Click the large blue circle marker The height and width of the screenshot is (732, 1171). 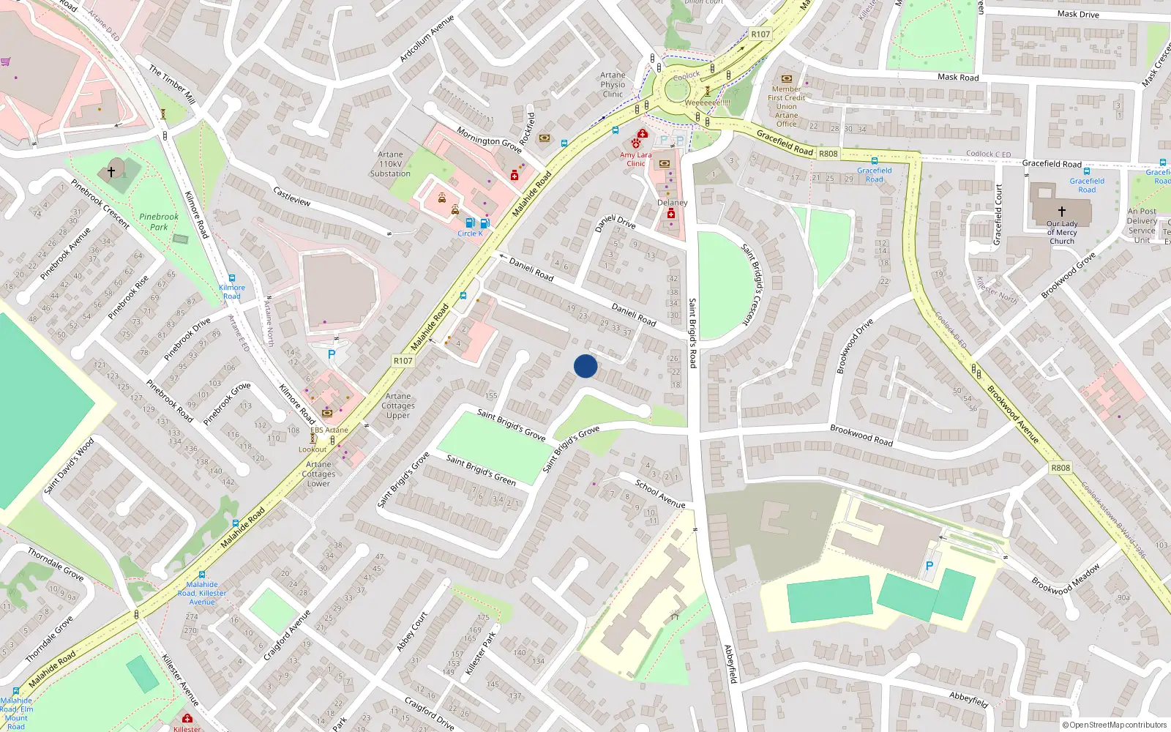point(585,366)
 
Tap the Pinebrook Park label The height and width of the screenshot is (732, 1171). point(159,222)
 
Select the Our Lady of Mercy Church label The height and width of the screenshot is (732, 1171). point(1062,233)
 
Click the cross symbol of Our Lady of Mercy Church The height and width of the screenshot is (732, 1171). point(1062,211)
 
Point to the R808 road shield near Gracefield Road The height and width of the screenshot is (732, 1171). point(828,154)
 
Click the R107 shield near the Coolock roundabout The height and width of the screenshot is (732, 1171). point(760,34)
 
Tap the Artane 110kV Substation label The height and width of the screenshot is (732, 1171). point(390,164)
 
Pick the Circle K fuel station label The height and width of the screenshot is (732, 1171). point(470,234)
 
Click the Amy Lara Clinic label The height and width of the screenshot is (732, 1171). point(635,159)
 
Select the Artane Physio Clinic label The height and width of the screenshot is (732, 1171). point(613,84)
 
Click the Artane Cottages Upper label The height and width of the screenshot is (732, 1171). point(398,406)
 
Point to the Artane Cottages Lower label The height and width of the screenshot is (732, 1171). point(318,474)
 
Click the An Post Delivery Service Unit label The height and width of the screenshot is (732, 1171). point(1142,225)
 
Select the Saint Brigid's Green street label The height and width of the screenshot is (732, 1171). point(481,470)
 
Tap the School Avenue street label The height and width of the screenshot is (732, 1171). point(660,494)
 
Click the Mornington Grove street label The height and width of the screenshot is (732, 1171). point(489,140)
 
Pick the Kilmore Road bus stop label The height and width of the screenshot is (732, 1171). point(232,292)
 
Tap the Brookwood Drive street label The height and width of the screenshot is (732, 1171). point(855,346)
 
